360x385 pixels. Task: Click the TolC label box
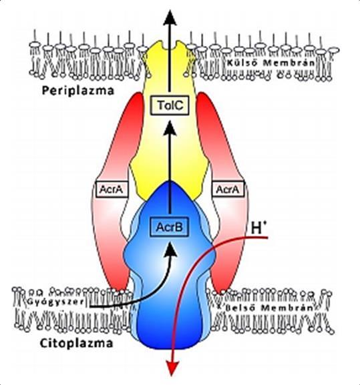click(170, 105)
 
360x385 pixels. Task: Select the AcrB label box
click(169, 227)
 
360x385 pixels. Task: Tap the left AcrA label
click(112, 189)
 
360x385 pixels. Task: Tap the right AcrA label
click(228, 189)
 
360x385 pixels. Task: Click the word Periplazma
click(78, 91)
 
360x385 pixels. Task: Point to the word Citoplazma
click(76, 343)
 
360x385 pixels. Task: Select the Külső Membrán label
click(271, 63)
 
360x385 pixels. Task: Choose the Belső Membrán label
click(269, 308)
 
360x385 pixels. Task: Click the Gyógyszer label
click(55, 302)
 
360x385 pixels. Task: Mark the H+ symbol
click(258, 228)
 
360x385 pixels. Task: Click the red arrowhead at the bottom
click(173, 369)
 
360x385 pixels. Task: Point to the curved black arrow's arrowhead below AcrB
click(170, 250)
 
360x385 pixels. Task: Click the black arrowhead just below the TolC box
click(170, 128)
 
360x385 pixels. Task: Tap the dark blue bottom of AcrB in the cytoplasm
click(170, 329)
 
